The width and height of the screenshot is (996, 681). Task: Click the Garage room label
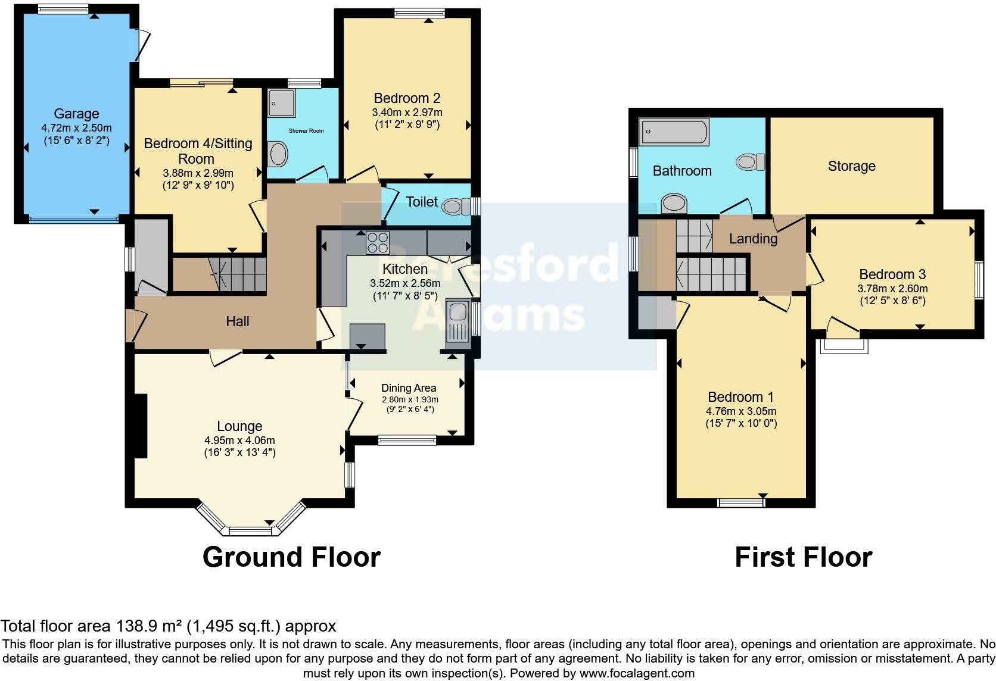(76, 114)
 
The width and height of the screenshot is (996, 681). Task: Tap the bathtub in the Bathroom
(674, 132)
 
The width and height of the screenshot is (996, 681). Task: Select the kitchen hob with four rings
(377, 242)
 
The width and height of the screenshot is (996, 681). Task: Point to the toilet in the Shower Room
(278, 155)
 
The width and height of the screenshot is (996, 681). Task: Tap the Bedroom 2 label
(407, 98)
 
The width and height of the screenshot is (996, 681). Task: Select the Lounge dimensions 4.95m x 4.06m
(239, 441)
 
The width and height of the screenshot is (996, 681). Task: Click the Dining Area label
(409, 388)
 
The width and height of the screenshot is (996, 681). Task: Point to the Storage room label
(851, 166)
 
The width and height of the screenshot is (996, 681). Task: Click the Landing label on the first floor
(753, 239)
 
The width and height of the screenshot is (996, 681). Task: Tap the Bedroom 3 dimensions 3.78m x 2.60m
(892, 289)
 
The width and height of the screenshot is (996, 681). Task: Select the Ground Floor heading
(291, 557)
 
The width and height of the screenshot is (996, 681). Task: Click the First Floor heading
(803, 557)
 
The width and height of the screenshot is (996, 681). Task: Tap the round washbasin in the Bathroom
(674, 203)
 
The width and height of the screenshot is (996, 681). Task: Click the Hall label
(237, 321)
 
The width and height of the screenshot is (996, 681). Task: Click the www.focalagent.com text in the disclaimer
(637, 673)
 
